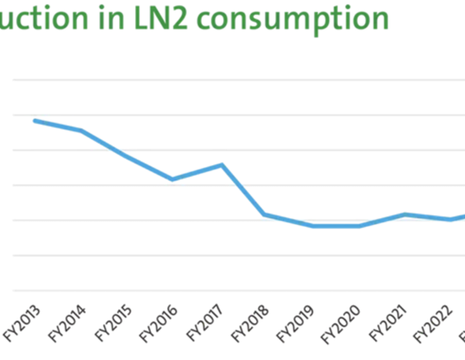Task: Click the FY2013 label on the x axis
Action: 23,324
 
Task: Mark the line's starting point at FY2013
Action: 34,120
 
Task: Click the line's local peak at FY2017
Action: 222,164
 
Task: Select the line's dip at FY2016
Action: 172,179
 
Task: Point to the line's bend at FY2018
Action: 264,214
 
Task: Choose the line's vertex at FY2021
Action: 405,214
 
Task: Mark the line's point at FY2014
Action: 81,130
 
